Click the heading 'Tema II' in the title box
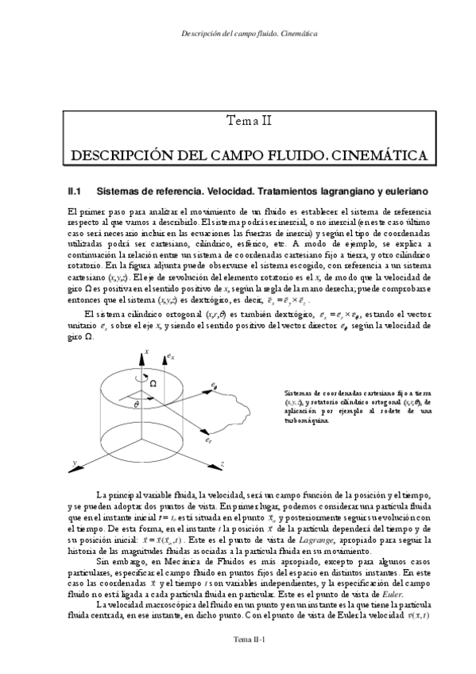(250, 121)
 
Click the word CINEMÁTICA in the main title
(377, 153)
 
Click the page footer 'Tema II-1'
(249, 660)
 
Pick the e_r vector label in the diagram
(207, 440)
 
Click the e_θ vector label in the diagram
(214, 385)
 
